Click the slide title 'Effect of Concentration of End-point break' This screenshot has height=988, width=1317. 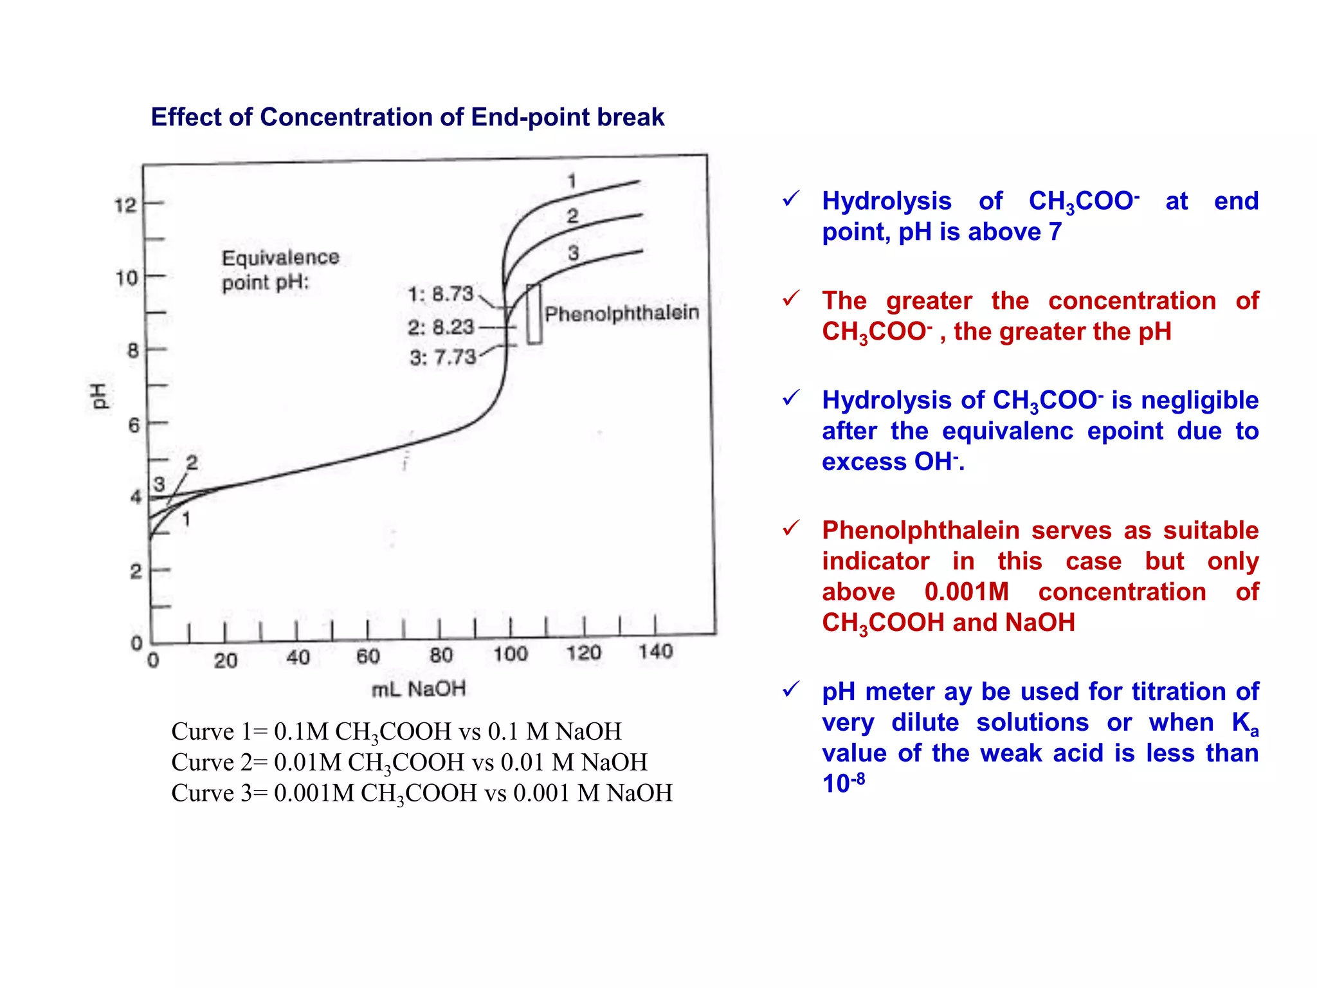407,117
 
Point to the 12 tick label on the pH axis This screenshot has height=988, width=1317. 125,206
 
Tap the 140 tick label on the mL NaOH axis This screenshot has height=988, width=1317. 655,652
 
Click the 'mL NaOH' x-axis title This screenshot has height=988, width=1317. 419,689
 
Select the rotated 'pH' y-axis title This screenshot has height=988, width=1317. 98,395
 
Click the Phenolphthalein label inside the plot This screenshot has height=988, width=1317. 621,313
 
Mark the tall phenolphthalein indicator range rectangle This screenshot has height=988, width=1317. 534,314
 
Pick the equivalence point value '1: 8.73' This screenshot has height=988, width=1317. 441,294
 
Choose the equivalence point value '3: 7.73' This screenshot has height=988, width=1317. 442,357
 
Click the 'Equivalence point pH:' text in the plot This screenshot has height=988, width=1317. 280,270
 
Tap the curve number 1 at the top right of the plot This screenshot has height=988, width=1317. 572,181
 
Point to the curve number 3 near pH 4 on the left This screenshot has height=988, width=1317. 159,484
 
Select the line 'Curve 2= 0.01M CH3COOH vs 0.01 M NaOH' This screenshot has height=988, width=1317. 409,762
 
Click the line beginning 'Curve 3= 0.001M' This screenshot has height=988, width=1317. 421,793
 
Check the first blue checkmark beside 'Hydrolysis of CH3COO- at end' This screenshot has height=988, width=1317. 791,199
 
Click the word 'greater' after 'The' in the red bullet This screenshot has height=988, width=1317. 929,301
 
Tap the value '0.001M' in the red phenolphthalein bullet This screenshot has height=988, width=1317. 967,592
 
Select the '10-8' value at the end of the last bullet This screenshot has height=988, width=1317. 843,783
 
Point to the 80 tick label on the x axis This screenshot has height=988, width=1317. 441,655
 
